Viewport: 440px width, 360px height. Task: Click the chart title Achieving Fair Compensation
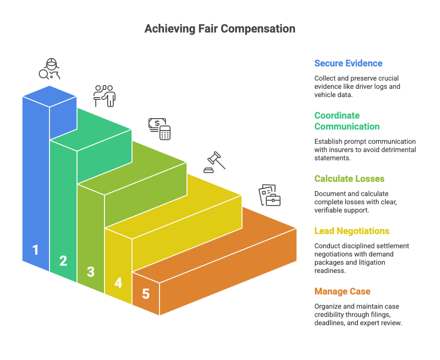[x=220, y=29]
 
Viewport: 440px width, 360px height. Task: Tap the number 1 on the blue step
[x=35, y=250]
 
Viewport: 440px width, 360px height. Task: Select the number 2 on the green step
[x=63, y=261]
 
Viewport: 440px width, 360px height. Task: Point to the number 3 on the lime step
[x=91, y=272]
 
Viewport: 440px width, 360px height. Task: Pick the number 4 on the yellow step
[x=118, y=283]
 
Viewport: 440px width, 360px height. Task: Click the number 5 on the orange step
[x=146, y=294]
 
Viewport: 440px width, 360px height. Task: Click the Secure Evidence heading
[x=348, y=63]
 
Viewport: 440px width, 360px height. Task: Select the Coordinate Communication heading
[x=346, y=121]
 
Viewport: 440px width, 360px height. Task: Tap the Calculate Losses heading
[x=349, y=179]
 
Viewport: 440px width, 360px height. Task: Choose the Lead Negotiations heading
[x=352, y=231]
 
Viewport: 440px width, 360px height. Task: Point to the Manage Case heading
[x=342, y=291]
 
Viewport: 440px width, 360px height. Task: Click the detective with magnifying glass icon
[x=49, y=69]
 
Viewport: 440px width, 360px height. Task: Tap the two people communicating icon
[x=104, y=96]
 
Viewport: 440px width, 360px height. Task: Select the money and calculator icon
[x=159, y=128]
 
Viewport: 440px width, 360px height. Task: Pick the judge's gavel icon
[x=214, y=161]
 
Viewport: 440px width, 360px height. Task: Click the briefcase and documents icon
[x=269, y=195]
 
